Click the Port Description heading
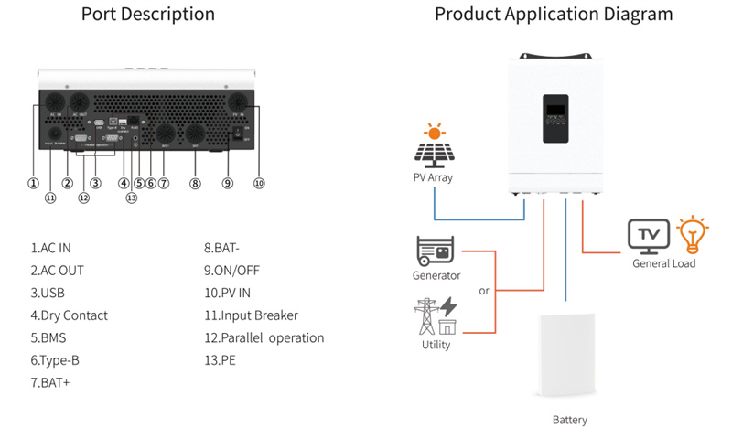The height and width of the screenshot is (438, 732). point(148,15)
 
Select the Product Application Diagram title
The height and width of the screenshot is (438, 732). point(554,15)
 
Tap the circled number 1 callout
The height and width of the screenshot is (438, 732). point(34,183)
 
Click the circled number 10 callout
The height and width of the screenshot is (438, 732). point(259,183)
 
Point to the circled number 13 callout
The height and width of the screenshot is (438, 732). point(131,198)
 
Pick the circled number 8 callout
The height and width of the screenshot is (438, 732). point(195,183)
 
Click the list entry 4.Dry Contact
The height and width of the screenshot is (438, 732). point(69,315)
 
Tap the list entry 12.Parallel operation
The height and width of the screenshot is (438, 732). point(264,337)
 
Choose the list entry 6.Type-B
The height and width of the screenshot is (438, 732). point(55,360)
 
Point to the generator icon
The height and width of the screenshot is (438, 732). point(436,251)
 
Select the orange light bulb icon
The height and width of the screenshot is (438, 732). point(693,234)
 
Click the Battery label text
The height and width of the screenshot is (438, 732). point(570,421)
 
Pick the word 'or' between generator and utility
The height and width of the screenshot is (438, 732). point(484,292)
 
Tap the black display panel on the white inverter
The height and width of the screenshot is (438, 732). point(558,119)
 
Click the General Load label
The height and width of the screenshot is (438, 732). point(664,263)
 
